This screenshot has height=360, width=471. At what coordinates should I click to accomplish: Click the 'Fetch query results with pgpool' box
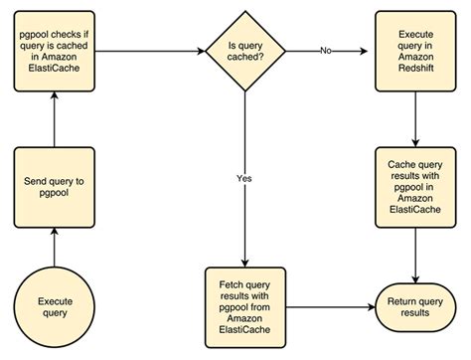click(246, 299)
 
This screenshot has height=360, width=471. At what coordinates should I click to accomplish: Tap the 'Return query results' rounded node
click(414, 305)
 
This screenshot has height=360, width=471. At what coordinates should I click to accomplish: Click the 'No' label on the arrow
click(326, 48)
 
